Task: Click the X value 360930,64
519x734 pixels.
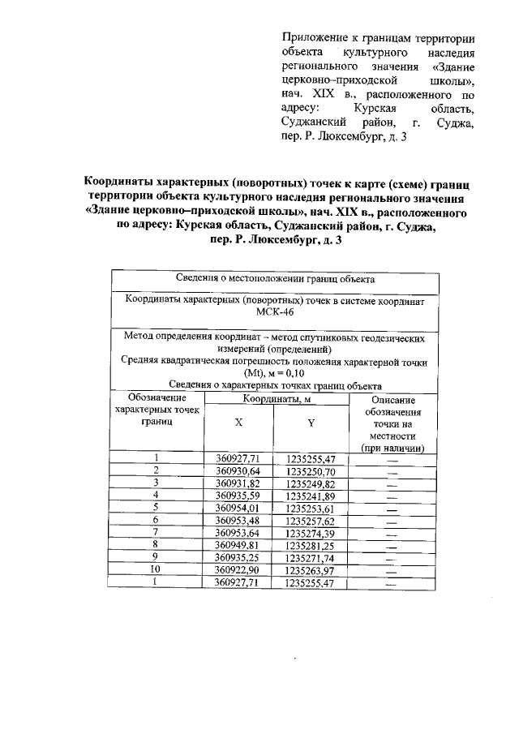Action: coord(238,471)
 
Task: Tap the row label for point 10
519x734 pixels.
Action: coord(156,570)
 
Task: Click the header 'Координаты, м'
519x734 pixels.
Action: coord(275,400)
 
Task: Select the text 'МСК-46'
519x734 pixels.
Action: coord(275,311)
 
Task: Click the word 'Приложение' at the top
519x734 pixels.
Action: coord(313,38)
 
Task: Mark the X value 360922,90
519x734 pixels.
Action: coord(238,570)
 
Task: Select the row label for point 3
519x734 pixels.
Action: coord(156,483)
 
